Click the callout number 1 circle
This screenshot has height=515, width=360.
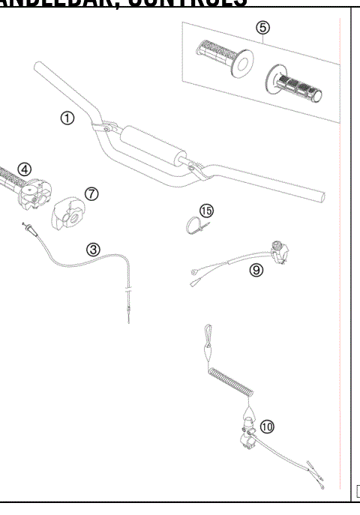click(67, 118)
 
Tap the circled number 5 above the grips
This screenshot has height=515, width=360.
click(261, 28)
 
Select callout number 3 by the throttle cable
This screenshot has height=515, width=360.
click(91, 249)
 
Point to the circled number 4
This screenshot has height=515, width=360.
click(25, 169)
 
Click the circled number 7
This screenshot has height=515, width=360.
click(91, 193)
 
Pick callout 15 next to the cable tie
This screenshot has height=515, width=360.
click(206, 210)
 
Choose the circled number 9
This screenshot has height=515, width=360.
click(256, 271)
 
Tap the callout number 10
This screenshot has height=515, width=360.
click(268, 427)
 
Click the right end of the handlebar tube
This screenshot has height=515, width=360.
click(321, 196)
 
